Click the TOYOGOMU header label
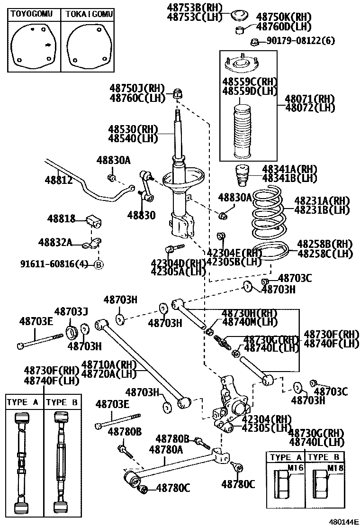click(x=32, y=14)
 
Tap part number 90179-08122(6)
click(x=299, y=41)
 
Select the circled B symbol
click(x=99, y=264)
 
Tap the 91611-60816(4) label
click(x=54, y=263)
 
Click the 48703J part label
click(x=71, y=311)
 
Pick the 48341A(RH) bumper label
click(x=289, y=169)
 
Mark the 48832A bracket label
click(x=55, y=242)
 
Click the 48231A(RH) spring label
click(x=322, y=200)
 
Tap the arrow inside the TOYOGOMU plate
click(x=48, y=45)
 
